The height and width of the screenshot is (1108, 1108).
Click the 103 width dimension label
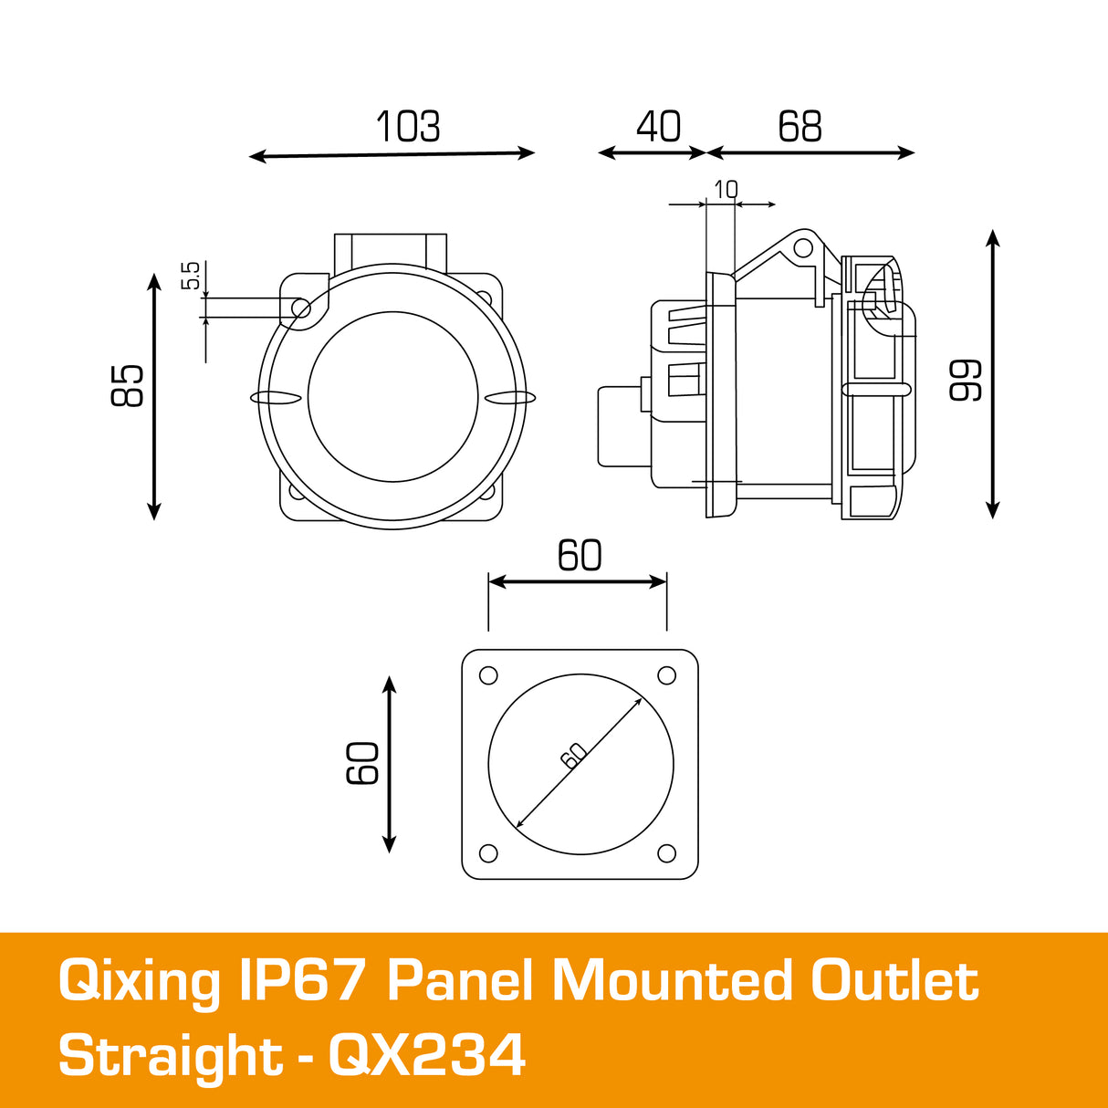coord(408,128)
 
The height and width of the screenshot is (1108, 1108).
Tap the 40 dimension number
coord(658,128)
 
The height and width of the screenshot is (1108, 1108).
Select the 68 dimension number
coord(800,128)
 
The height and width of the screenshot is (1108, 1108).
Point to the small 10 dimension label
coord(726,190)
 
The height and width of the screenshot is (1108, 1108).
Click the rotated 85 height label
coord(128,385)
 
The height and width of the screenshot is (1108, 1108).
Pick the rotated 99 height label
coord(966,380)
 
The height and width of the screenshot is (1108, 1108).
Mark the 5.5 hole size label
coord(190,276)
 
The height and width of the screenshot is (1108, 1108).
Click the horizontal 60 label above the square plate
coord(580,556)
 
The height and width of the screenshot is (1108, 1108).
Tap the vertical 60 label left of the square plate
coord(363,763)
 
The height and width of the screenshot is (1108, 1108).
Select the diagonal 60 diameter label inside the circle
coord(573,755)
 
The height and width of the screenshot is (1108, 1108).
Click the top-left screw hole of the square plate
coord(488,675)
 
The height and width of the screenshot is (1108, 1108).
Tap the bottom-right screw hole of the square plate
coord(667,853)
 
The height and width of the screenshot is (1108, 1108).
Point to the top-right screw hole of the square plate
coord(667,675)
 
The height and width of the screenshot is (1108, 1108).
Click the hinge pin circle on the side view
coord(802,247)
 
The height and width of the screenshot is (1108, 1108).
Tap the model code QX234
coord(427,1056)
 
